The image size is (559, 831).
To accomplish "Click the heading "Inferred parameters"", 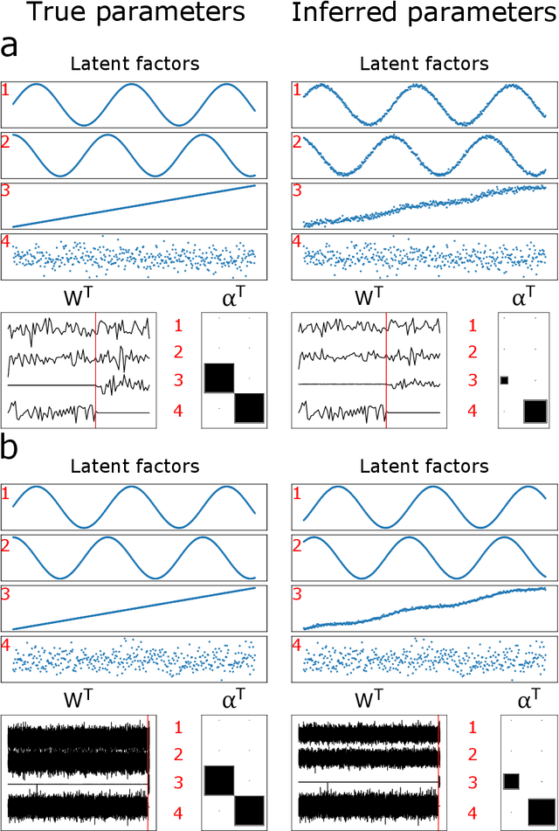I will pos(424,13).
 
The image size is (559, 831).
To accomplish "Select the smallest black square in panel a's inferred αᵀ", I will pos(504,380).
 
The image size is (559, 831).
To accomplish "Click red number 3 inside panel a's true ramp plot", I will pos(7,190).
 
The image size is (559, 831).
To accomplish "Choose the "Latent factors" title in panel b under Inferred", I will pos(424,467).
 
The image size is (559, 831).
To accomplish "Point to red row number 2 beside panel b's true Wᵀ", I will pos(178,754).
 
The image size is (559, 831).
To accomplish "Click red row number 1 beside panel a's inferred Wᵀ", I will pos(473,327).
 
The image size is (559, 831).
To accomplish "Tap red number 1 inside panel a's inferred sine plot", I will pos(295,88).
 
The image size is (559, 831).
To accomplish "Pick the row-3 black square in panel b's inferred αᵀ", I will pos(511,780).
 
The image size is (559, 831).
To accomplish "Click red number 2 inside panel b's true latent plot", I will pos(7,547).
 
